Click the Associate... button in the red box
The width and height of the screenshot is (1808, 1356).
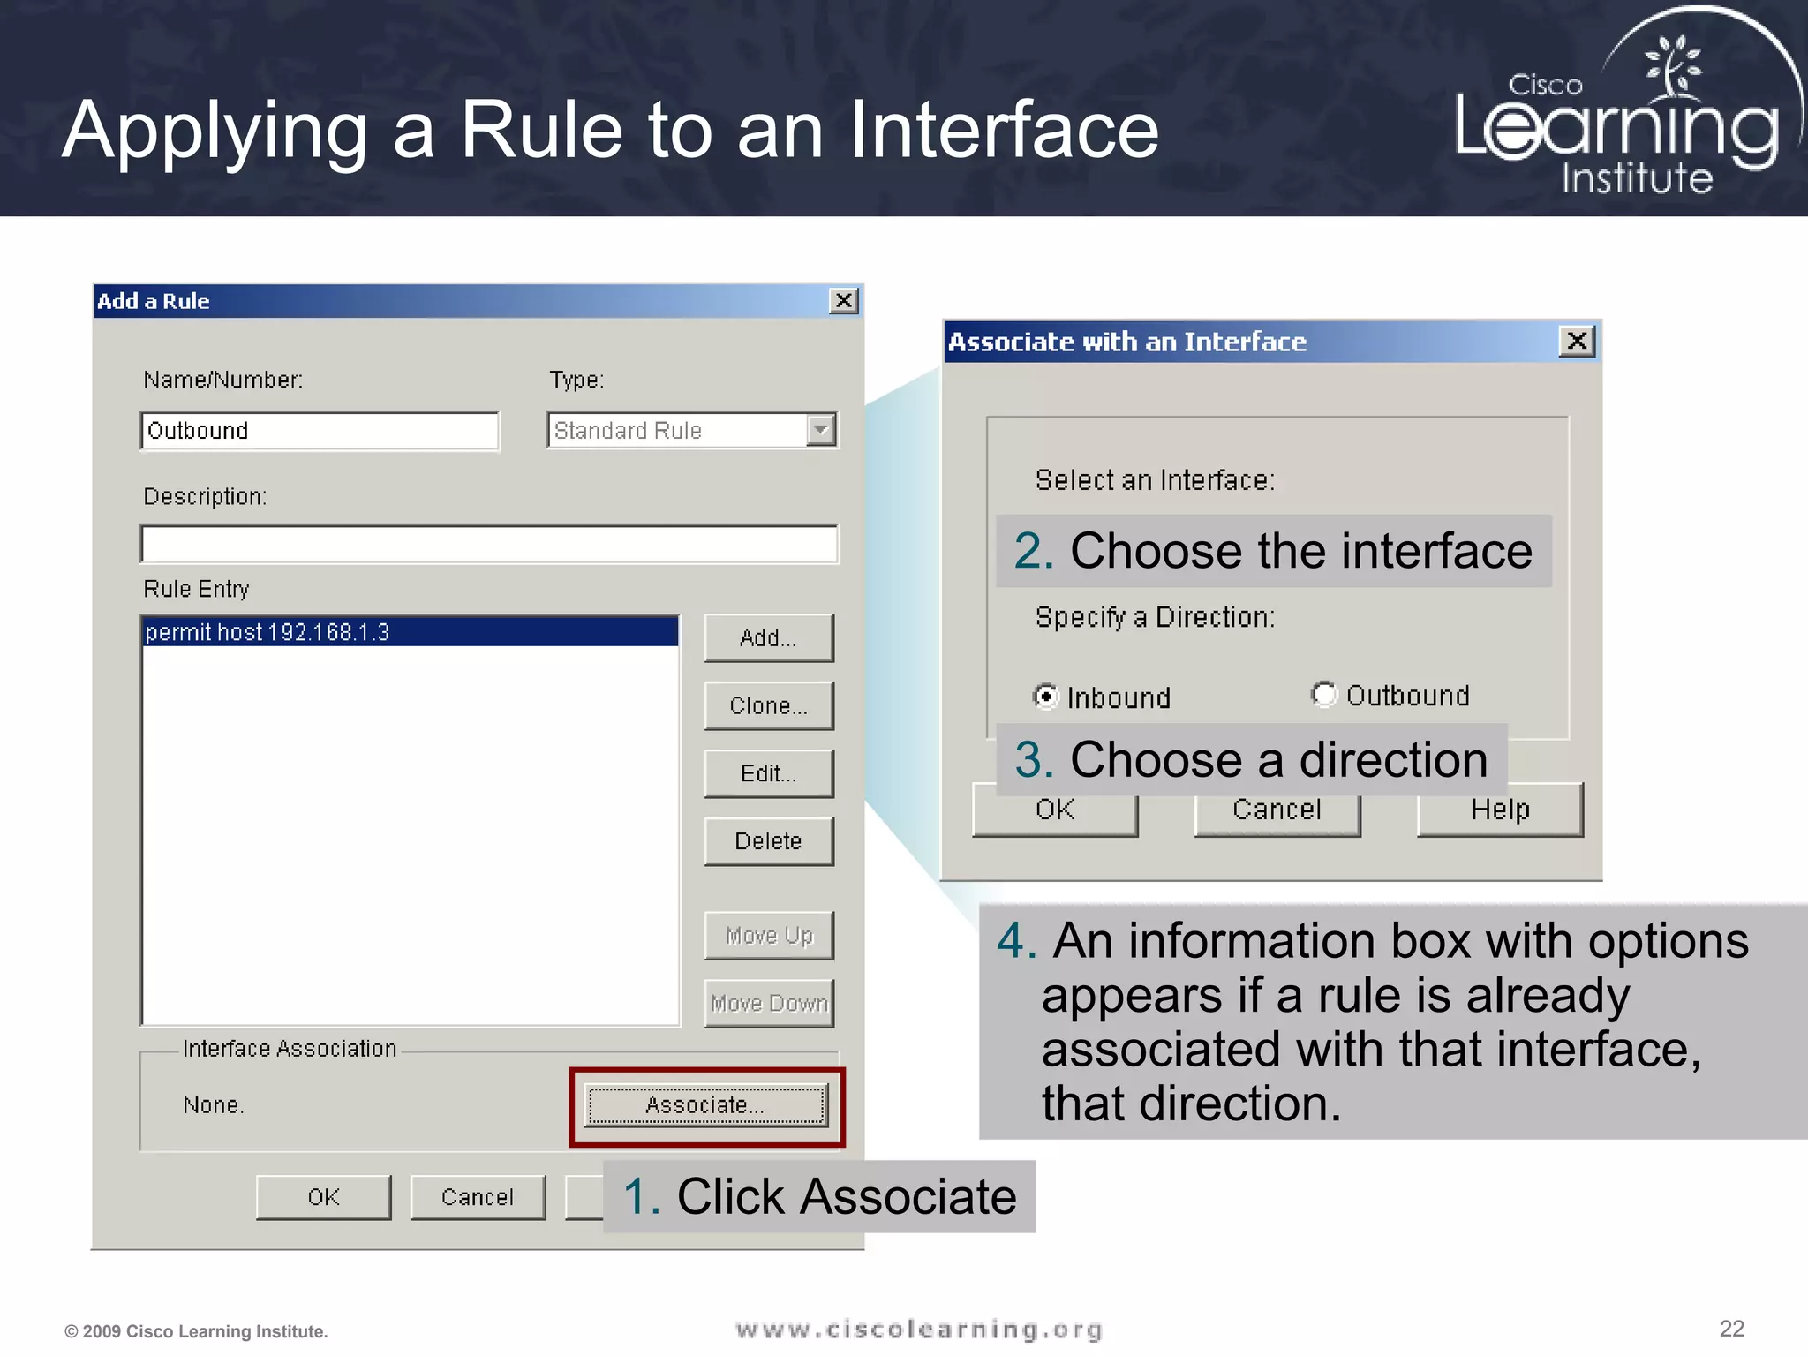[x=706, y=1105]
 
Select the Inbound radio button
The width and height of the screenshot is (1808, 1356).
[x=1046, y=697]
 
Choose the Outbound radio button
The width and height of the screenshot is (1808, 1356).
[x=1323, y=695]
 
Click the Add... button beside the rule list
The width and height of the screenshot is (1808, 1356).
[x=768, y=637]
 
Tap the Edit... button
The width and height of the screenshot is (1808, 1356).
[x=768, y=773]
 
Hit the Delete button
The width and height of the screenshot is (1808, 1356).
[x=768, y=841]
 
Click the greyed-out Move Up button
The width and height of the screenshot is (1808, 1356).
[x=768, y=936]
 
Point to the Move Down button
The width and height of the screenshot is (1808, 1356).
[x=768, y=1004]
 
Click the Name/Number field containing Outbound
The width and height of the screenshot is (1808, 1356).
[x=319, y=431]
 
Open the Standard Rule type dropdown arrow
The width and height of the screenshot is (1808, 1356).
[x=821, y=430]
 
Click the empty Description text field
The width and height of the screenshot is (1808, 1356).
[x=488, y=544]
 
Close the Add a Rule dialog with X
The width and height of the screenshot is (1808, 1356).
[x=844, y=301]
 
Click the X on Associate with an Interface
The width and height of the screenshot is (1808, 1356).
[x=1577, y=342]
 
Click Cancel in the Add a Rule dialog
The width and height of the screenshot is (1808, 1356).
[x=477, y=1197]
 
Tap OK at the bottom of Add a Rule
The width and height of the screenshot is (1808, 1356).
[x=323, y=1197]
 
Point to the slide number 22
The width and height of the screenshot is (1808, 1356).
[x=1731, y=1329]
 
